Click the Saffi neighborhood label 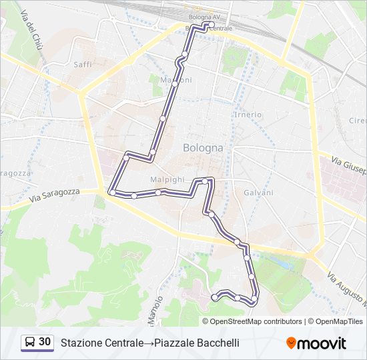click(82, 65)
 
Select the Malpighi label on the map click(167, 180)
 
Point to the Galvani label click(258, 193)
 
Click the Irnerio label click(248, 115)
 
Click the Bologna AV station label click(203, 16)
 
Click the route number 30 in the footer click(45, 342)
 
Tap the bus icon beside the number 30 click(30, 343)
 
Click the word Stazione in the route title click(79, 343)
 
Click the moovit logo click(316, 343)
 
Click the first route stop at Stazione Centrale click(212, 25)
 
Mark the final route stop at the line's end click(214, 296)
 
